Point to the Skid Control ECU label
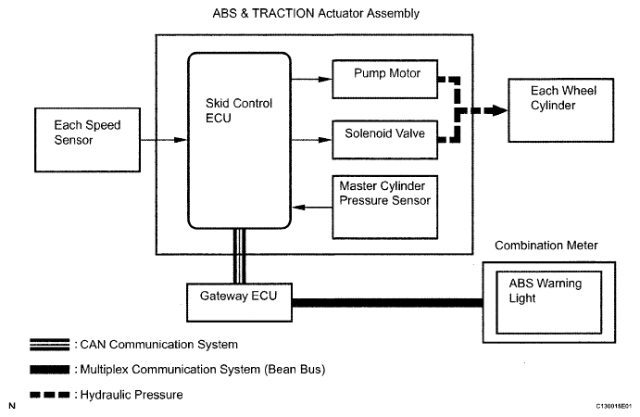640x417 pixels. pyautogui.click(x=239, y=110)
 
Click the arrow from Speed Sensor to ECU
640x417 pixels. pyautogui.click(x=164, y=140)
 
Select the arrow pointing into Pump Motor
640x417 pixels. pyautogui.click(x=312, y=80)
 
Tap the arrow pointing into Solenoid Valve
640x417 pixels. pyautogui.click(x=312, y=140)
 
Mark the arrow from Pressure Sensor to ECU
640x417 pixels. pyautogui.click(x=312, y=208)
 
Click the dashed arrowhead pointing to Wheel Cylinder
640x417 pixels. pyautogui.click(x=499, y=110)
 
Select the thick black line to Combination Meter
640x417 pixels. pyautogui.click(x=387, y=303)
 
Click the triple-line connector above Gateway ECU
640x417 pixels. pyautogui.click(x=239, y=256)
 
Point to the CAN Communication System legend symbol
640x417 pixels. pyautogui.click(x=50, y=345)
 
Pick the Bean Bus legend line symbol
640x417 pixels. pyautogui.click(x=50, y=370)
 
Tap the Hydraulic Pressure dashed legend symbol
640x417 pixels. pyautogui.click(x=50, y=395)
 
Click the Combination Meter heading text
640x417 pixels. pyautogui.click(x=546, y=246)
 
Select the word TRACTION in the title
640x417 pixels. pyautogui.click(x=282, y=14)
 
